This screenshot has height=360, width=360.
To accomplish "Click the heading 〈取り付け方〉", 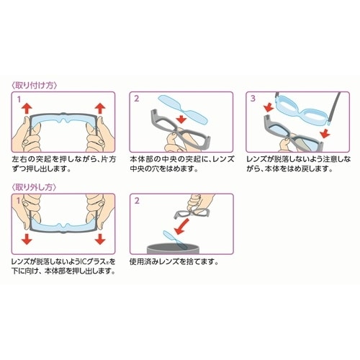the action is [35, 86].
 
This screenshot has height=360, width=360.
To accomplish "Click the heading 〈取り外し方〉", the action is [35, 187].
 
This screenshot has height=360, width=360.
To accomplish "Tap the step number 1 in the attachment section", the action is [19, 99].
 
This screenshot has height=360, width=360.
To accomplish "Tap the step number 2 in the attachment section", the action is [137, 99].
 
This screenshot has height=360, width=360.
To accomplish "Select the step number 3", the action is [253, 99].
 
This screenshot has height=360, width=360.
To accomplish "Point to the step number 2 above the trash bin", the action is [137, 200].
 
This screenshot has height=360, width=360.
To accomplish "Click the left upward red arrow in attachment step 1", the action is [27, 108].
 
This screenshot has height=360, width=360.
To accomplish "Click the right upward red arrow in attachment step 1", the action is [100, 108].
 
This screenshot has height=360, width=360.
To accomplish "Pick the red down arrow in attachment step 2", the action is [181, 119].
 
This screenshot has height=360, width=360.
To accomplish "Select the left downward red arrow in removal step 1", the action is [27, 239].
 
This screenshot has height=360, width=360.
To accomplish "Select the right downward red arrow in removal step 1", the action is [100, 239].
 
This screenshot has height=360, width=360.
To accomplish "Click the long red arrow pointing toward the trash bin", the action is [182, 227].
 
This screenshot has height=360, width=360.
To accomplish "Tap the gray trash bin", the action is [173, 248].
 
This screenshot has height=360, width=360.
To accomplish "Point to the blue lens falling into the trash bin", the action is [174, 239].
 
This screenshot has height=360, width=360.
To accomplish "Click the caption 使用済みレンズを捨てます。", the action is [174, 261].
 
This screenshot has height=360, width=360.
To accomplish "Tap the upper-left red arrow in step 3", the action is [269, 107].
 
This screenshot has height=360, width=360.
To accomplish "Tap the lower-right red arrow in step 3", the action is [325, 133].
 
